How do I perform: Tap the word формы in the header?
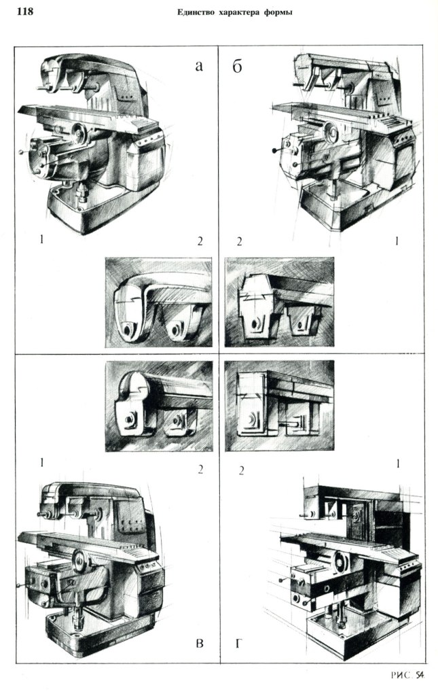tap(278, 12)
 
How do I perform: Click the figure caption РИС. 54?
tap(409, 674)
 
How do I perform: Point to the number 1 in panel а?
tap(42, 241)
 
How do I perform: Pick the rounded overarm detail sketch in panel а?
tap(158, 302)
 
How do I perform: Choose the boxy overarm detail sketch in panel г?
tap(278, 405)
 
